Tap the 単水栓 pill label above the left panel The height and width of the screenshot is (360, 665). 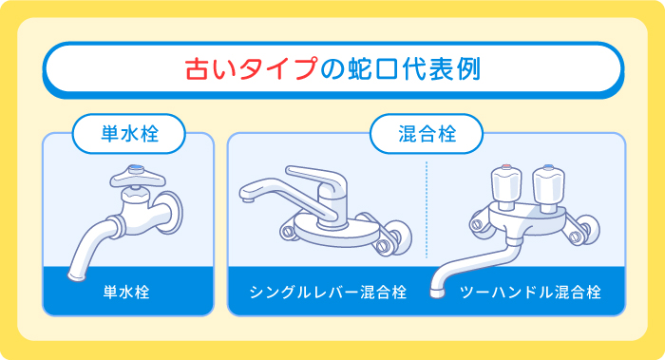click(128, 134)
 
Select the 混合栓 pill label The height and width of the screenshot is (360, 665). click(426, 134)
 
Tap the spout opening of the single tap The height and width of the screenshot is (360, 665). click(74, 275)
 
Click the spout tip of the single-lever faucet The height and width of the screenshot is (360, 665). click(249, 199)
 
